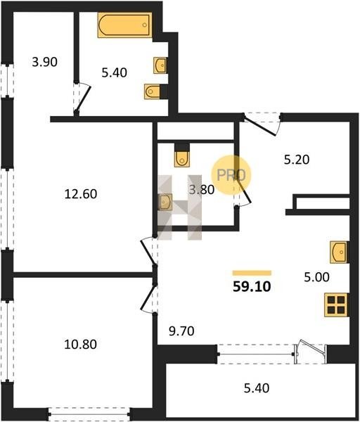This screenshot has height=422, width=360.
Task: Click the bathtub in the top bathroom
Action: (x=124, y=25)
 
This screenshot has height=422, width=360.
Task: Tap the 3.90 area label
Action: (x=45, y=62)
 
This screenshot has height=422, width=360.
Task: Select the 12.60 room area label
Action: (x=81, y=194)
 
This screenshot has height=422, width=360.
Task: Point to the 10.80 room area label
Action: (x=80, y=344)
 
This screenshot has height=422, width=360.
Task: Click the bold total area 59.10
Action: (x=252, y=287)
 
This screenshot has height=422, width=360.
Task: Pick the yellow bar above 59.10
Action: (x=252, y=273)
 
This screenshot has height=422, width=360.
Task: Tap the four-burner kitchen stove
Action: (x=336, y=305)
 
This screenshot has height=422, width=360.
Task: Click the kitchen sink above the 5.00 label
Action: (x=340, y=252)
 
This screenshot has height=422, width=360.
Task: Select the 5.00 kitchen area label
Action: (x=316, y=277)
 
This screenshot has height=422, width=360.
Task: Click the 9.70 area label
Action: (x=181, y=331)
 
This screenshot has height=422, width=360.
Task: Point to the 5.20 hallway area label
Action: (x=297, y=160)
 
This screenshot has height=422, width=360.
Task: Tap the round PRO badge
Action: (x=231, y=175)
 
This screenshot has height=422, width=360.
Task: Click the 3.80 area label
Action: (x=202, y=190)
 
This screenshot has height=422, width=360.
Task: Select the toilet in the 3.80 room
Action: (x=182, y=155)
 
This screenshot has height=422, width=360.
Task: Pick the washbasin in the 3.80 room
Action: (x=165, y=202)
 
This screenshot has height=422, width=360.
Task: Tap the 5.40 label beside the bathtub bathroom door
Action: (x=115, y=72)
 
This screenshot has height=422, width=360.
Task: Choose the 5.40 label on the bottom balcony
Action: (x=257, y=388)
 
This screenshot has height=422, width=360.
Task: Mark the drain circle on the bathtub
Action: (x=145, y=25)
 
